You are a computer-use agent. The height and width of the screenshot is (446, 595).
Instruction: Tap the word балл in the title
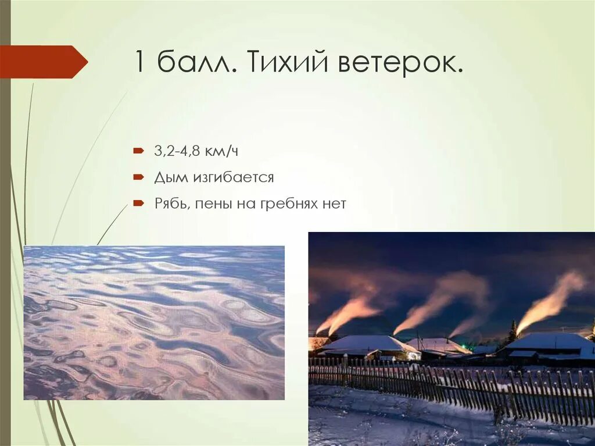pos(196,62)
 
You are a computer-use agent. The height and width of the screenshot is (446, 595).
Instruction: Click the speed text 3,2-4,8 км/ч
pos(196,151)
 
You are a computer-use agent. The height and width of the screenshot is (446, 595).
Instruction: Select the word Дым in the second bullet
pos(167,177)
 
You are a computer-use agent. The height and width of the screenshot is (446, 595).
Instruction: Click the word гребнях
pos(294,204)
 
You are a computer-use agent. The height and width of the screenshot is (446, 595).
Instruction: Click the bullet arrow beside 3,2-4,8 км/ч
pos(138,151)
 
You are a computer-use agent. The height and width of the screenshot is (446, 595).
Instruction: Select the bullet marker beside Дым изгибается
pos(138,177)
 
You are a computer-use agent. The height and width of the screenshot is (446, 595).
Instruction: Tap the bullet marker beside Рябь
pos(138,204)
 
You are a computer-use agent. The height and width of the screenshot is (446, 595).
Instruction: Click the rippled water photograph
pos(154,322)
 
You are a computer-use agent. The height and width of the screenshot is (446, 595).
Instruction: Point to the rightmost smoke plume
pos(552,299)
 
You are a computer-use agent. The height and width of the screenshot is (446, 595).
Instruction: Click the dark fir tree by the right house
pos(512,333)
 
